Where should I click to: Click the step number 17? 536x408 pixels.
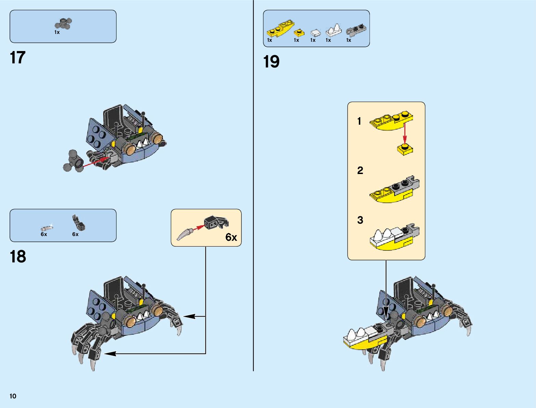pos(18,58)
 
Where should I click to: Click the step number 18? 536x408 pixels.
pos(18,257)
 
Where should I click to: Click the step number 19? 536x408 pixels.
pos(271,62)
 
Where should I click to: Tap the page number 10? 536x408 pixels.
pos(13,396)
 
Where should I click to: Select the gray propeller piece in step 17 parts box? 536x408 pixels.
pos(63,24)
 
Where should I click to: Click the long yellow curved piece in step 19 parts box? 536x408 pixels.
pos(280,29)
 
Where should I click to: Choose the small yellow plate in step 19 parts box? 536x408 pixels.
pos(299,33)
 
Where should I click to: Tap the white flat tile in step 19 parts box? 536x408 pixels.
pos(315,33)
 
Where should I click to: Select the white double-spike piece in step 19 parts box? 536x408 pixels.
pos(334,31)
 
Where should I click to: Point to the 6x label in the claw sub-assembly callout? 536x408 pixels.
pos(231,237)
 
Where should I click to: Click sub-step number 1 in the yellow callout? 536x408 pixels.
pos(359,121)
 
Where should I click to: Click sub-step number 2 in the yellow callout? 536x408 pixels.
pos(360,170)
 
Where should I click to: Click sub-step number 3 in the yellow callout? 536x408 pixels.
pos(360,220)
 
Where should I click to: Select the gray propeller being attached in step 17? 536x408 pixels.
pos(74,161)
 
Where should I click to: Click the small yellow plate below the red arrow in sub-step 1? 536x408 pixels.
pos(405,150)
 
